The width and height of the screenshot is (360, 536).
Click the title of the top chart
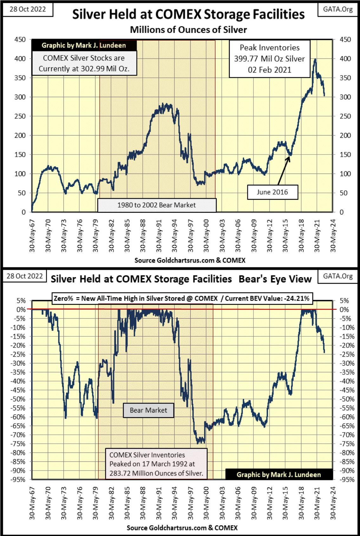point(188,15)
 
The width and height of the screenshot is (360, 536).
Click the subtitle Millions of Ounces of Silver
point(188,30)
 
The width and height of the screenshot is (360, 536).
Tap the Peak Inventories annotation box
point(269,59)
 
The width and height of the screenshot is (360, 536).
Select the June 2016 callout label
point(272,192)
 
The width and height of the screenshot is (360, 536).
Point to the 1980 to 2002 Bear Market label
point(156,205)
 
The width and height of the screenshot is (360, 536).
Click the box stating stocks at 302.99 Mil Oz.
point(84,63)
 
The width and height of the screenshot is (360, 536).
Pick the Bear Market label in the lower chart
point(148,410)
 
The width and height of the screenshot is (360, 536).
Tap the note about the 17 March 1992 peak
point(156,464)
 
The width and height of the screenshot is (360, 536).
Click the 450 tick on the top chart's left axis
point(20,40)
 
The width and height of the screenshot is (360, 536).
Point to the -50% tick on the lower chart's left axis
point(18,399)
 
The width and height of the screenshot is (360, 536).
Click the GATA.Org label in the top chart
point(338,9)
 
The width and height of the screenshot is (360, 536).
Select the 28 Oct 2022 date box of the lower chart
point(25,276)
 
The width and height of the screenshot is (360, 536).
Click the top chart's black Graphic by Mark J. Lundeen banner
point(84,45)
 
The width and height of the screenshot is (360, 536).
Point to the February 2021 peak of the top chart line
point(315,59)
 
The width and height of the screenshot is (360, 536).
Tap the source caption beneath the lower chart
point(182,527)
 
